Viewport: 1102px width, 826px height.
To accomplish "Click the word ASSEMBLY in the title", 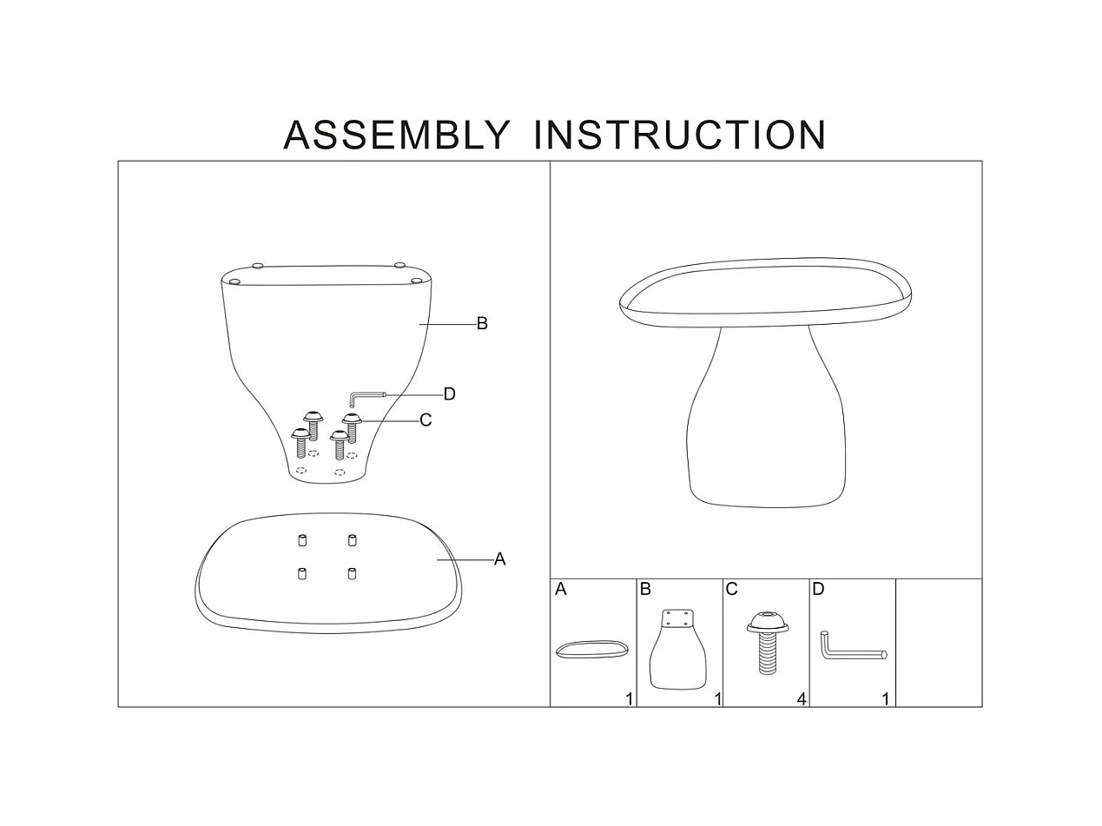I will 396,135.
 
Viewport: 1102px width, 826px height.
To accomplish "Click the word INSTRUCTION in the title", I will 679,135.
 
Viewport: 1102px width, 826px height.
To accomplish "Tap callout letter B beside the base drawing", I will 482,324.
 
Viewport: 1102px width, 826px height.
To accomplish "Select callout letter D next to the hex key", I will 449,394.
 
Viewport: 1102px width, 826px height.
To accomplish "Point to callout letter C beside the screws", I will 426,420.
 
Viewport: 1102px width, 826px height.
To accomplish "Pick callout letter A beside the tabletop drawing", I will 499,559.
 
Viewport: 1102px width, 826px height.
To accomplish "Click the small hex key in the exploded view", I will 365,397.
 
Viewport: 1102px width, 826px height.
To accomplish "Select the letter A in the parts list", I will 561,590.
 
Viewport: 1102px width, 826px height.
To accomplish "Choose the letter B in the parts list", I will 645,590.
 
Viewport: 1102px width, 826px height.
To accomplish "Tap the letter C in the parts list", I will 731,590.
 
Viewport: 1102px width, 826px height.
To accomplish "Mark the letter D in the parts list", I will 818,590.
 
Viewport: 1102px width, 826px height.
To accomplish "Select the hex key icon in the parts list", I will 850,647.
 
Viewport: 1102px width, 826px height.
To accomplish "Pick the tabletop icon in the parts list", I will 591,650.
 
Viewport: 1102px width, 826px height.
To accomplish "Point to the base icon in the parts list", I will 678,650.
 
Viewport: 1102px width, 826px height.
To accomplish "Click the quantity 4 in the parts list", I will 802,698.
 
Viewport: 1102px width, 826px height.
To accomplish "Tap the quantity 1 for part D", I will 886,698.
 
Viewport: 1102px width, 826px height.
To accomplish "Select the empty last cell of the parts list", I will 938,643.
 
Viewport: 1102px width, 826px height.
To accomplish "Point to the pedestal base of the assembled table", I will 764,426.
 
